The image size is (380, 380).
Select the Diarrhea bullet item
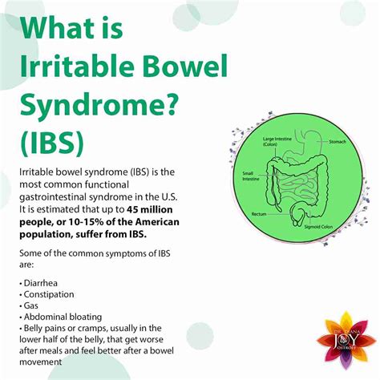[x=41, y=285]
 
